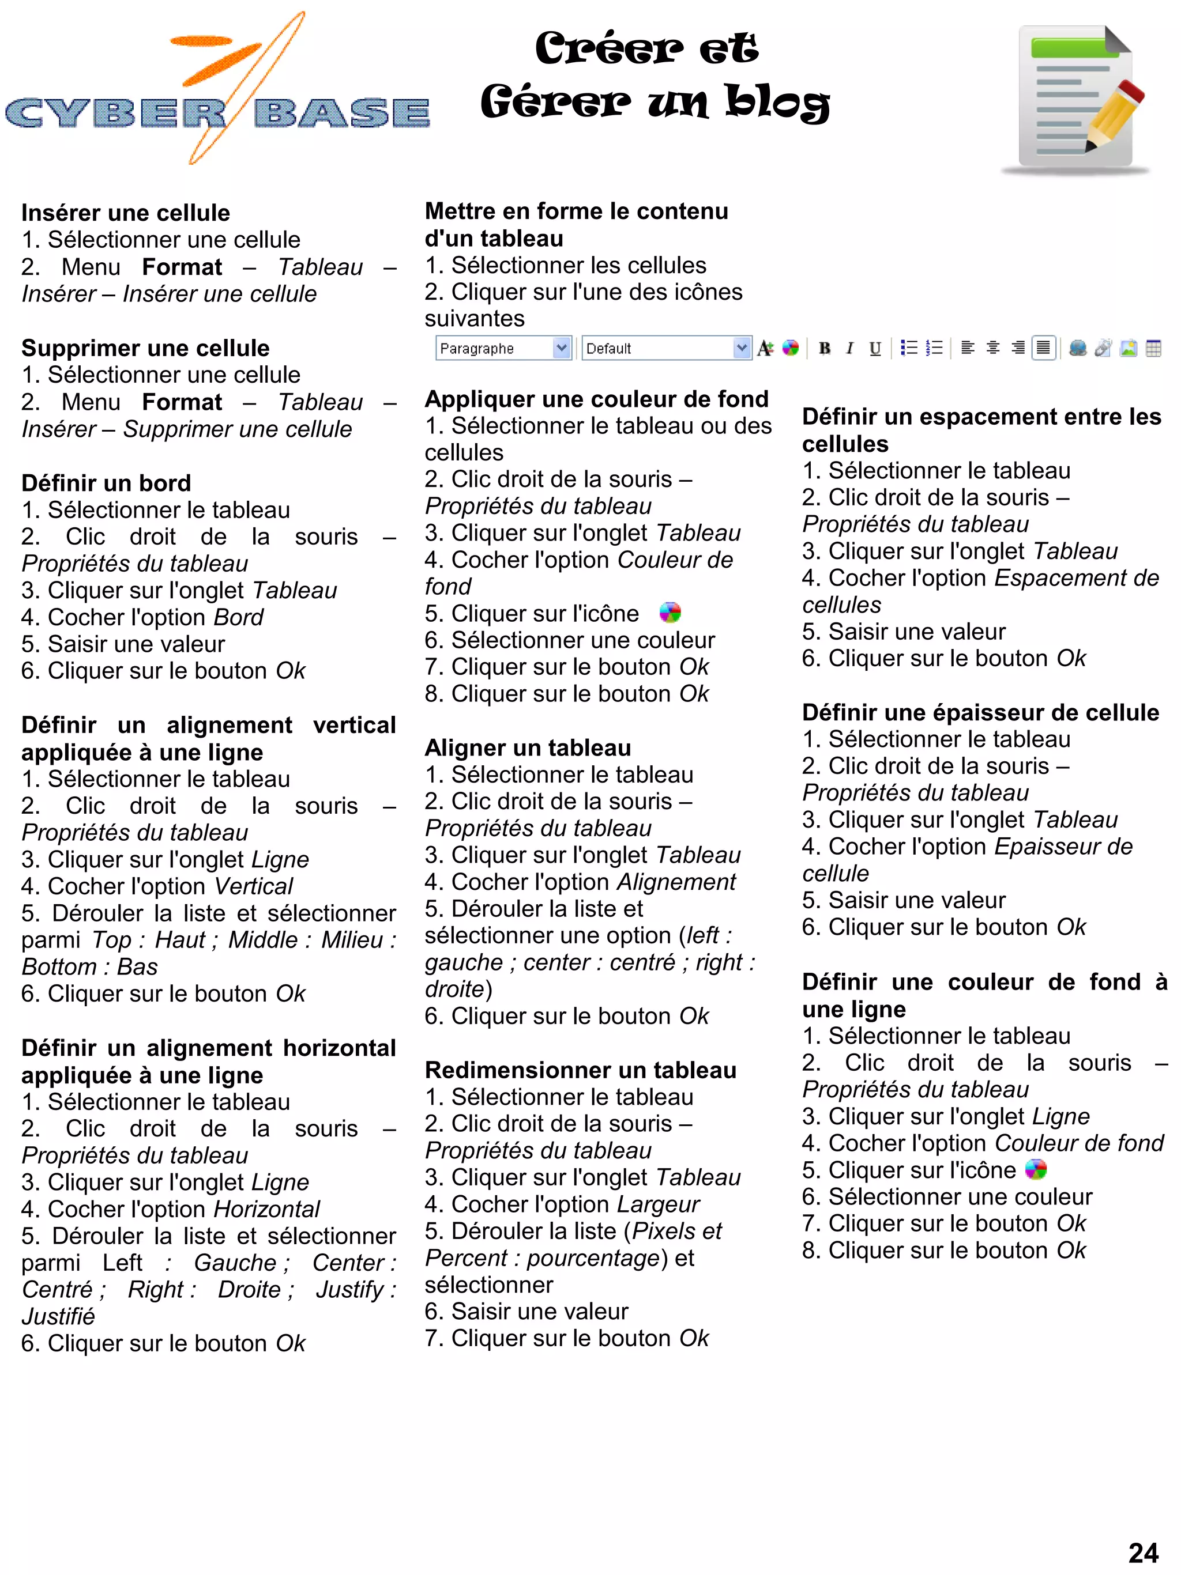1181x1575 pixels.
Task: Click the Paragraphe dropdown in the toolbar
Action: click(502, 348)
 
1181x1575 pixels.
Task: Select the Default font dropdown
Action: click(665, 348)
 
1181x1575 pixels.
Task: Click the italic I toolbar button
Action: click(849, 348)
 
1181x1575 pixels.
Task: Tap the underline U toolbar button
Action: click(875, 348)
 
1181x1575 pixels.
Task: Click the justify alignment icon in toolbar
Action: click(1043, 348)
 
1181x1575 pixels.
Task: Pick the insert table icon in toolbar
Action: click(1153, 348)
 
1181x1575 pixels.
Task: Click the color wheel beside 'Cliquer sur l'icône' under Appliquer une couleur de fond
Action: click(670, 613)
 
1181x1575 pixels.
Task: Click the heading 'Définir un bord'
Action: click(106, 483)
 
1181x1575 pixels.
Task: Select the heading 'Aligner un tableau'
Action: click(528, 747)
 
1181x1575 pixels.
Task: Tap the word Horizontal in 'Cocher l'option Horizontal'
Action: click(266, 1209)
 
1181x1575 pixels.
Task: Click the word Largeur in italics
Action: click(657, 1204)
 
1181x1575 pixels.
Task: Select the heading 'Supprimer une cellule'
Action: click(145, 348)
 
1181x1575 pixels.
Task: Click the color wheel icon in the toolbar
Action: click(790, 348)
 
